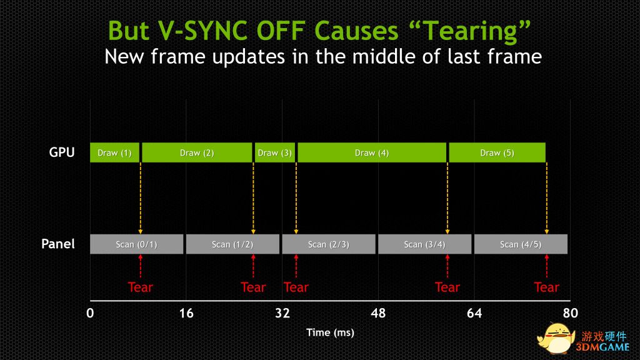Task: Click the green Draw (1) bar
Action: point(115,152)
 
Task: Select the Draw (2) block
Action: point(197,152)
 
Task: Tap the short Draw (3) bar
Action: point(275,152)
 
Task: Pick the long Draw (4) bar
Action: point(372,152)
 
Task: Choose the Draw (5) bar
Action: point(497,152)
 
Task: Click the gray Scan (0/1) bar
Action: point(137,244)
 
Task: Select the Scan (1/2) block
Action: point(232,244)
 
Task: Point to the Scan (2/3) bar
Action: point(329,244)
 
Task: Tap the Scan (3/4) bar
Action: point(425,244)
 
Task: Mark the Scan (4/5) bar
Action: point(521,244)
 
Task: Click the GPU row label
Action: point(62,152)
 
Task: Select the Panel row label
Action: point(58,244)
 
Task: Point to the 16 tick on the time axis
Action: point(186,313)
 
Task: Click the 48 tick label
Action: point(378,313)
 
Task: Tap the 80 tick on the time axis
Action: point(570,313)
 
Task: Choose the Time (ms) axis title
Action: point(330,332)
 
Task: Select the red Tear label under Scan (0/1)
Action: point(141,287)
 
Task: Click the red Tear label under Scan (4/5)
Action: point(546,287)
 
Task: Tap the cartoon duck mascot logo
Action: point(556,338)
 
